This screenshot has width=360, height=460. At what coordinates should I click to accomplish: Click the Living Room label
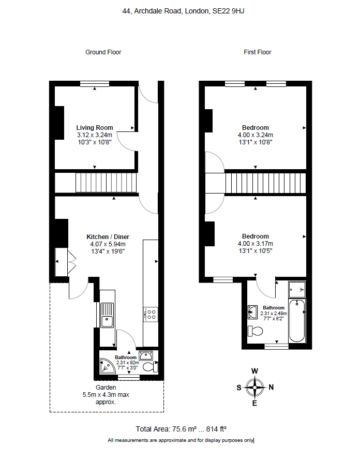click(95, 128)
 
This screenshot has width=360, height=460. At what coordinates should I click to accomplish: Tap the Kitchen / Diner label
click(106, 237)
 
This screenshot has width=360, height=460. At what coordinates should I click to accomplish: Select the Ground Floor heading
click(103, 52)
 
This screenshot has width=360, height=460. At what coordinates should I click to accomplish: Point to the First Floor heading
click(257, 52)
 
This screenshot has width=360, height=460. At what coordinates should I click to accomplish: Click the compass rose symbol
click(254, 387)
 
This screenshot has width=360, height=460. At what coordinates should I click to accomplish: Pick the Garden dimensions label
click(106, 394)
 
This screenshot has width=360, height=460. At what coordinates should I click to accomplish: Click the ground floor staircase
click(107, 183)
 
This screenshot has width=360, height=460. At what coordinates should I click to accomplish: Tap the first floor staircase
click(265, 183)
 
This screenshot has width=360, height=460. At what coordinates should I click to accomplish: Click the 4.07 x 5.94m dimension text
click(106, 244)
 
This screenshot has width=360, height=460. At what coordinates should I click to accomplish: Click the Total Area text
click(181, 429)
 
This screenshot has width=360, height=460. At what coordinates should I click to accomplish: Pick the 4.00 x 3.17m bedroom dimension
click(255, 244)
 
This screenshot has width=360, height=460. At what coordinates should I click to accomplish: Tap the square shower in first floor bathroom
click(297, 288)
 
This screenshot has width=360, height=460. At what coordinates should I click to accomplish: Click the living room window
click(94, 83)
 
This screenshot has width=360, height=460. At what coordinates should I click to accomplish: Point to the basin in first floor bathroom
click(253, 311)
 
